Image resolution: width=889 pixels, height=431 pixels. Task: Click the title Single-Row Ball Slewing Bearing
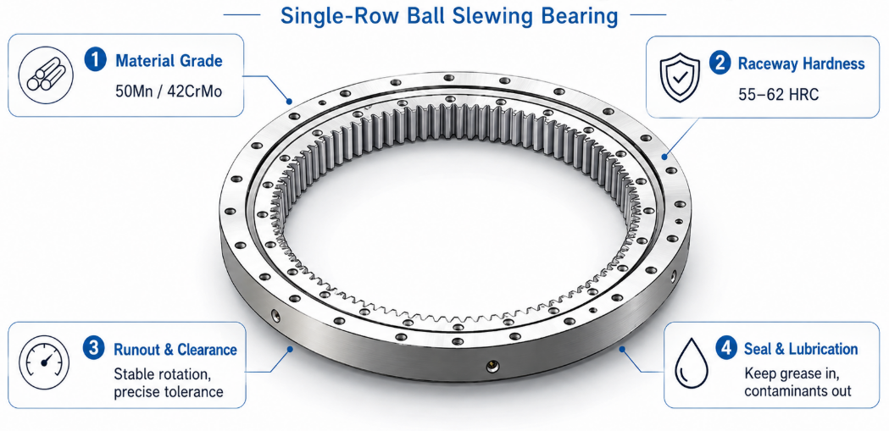449,15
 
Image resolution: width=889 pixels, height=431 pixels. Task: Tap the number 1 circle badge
95,60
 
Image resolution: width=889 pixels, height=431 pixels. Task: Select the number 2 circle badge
720,63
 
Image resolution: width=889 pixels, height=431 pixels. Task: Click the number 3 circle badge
94,348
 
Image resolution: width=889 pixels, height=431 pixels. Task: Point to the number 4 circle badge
726,348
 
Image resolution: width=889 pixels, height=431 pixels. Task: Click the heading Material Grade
169,61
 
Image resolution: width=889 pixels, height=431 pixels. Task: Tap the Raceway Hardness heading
801,64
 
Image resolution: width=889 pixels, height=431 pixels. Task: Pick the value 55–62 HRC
779,94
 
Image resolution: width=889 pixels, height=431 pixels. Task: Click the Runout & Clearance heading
175,349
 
